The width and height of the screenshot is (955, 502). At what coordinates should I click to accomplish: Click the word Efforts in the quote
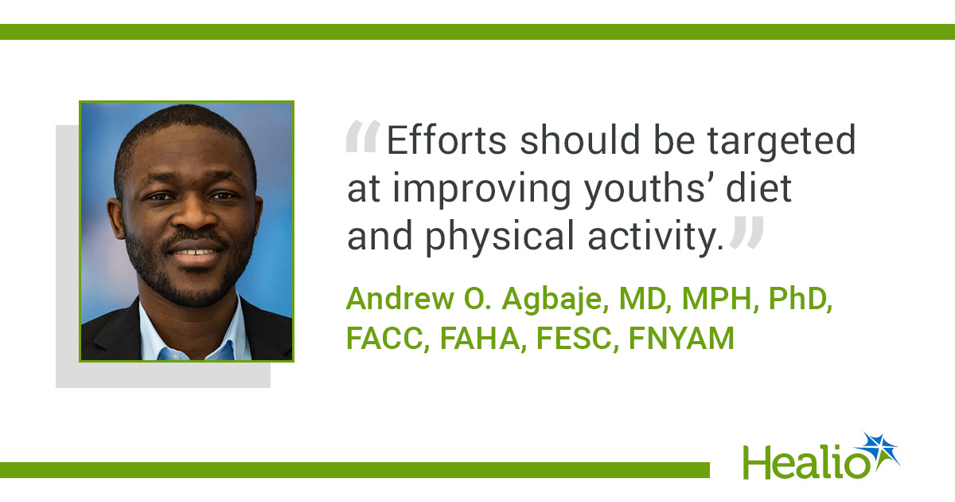[x=446, y=139]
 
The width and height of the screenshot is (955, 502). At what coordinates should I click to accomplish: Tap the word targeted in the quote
[x=782, y=143]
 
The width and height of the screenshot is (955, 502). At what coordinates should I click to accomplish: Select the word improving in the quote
[x=481, y=190]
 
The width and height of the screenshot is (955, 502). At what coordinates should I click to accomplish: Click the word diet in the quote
[x=759, y=187]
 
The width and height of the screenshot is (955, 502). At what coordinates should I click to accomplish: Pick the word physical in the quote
[x=500, y=238]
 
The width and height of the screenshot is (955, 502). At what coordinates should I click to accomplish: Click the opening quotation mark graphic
[x=363, y=136]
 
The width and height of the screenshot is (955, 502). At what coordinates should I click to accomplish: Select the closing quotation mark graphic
[x=746, y=233]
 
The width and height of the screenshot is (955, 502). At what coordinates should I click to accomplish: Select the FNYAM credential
[x=681, y=338]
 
